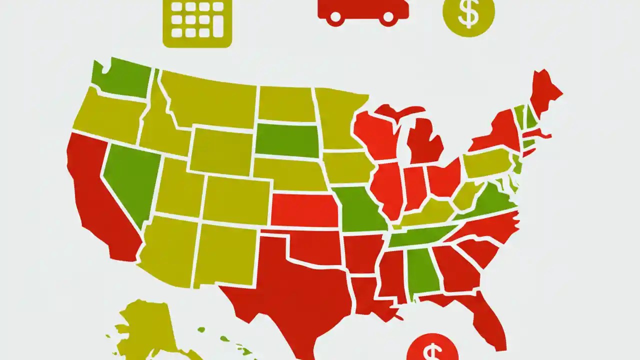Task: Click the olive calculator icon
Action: click(x=197, y=22)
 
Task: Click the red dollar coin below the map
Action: click(x=432, y=350)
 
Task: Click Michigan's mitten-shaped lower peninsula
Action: click(x=425, y=142)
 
